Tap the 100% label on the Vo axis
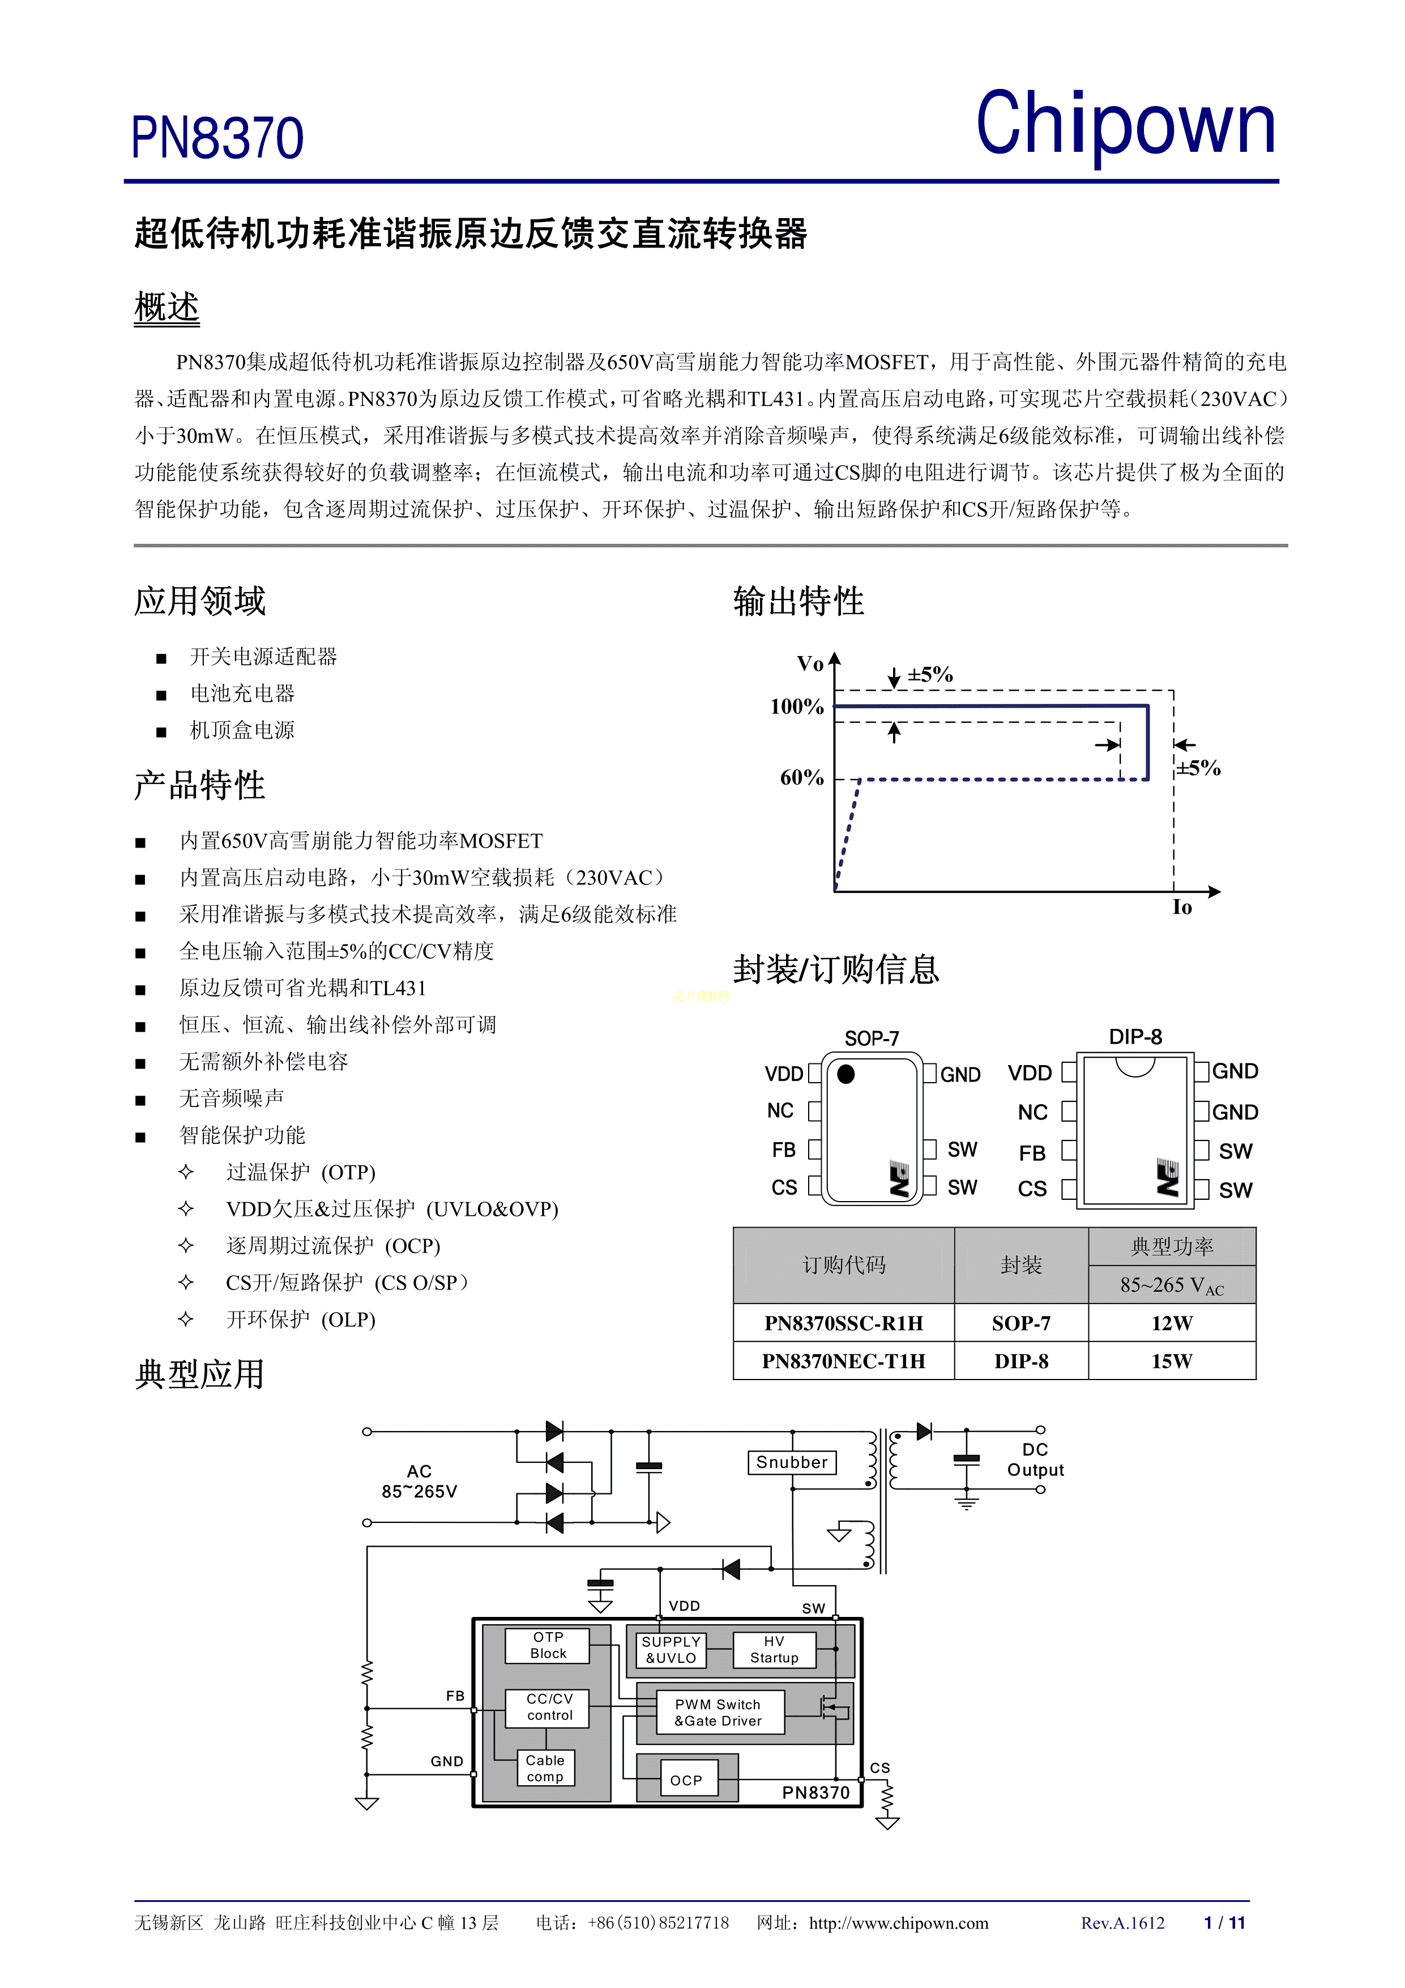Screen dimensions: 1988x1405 coord(796,706)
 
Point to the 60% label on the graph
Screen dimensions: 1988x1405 coord(802,777)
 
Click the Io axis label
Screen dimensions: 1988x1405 coord(1182,908)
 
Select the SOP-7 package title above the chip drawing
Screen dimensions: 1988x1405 coord(872,1038)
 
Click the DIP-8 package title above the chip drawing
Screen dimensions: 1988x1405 coord(1135,1036)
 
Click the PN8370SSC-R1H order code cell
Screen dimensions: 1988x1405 coord(843,1323)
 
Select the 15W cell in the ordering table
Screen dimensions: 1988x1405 coord(1171,1361)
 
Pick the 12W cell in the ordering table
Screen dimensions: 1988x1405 coord(1171,1323)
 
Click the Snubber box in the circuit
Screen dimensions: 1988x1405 coord(791,1462)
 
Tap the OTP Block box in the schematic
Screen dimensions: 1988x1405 coord(548,1645)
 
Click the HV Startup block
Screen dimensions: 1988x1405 coord(774,1649)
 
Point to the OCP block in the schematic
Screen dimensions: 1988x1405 coord(686,1780)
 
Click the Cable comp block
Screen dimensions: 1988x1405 coord(545,1768)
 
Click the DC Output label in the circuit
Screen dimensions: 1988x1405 coord(1035,1460)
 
